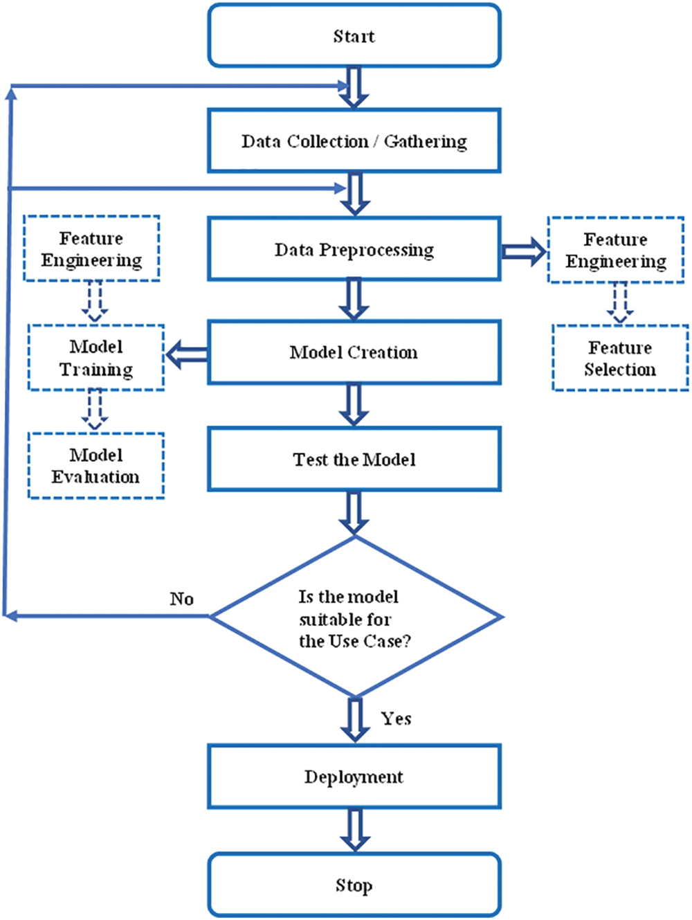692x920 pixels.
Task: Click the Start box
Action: pyautogui.click(x=354, y=36)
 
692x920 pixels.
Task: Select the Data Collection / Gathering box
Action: pyautogui.click(x=354, y=141)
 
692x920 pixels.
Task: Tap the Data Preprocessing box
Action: pyautogui.click(x=354, y=249)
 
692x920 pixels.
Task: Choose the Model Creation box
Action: pyautogui.click(x=354, y=352)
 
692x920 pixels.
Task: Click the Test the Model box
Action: pyautogui.click(x=354, y=460)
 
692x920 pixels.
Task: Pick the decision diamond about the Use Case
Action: pyautogui.click(x=355, y=617)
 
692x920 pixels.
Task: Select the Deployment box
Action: pyautogui.click(x=354, y=777)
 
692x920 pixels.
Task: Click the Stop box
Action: pyautogui.click(x=354, y=885)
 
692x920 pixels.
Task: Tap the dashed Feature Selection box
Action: pyautogui.click(x=620, y=358)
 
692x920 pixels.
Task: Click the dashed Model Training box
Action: pyautogui.click(x=95, y=358)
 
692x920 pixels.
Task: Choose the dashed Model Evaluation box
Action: pyautogui.click(x=95, y=466)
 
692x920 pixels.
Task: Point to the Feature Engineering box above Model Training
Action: pyautogui.click(x=91, y=249)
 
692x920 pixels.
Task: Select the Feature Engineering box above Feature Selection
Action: pyautogui.click(x=615, y=250)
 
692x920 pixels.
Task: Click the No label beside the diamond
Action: pyautogui.click(x=181, y=599)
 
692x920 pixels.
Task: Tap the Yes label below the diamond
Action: pyautogui.click(x=396, y=719)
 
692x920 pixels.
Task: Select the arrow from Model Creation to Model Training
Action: pyautogui.click(x=187, y=354)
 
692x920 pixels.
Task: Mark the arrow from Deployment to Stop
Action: pyautogui.click(x=354, y=830)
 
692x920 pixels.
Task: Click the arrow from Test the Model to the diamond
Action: pyautogui.click(x=354, y=513)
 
